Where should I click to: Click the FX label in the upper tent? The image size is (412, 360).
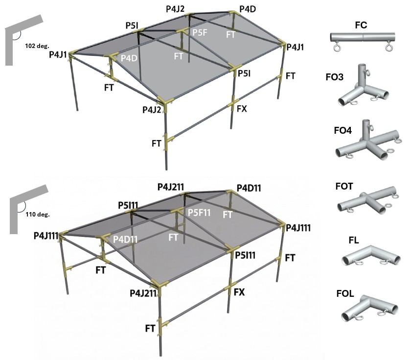241,109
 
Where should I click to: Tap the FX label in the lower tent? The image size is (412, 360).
239,292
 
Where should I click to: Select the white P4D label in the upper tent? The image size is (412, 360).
129,58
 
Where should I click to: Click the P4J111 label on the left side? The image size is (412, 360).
46,236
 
